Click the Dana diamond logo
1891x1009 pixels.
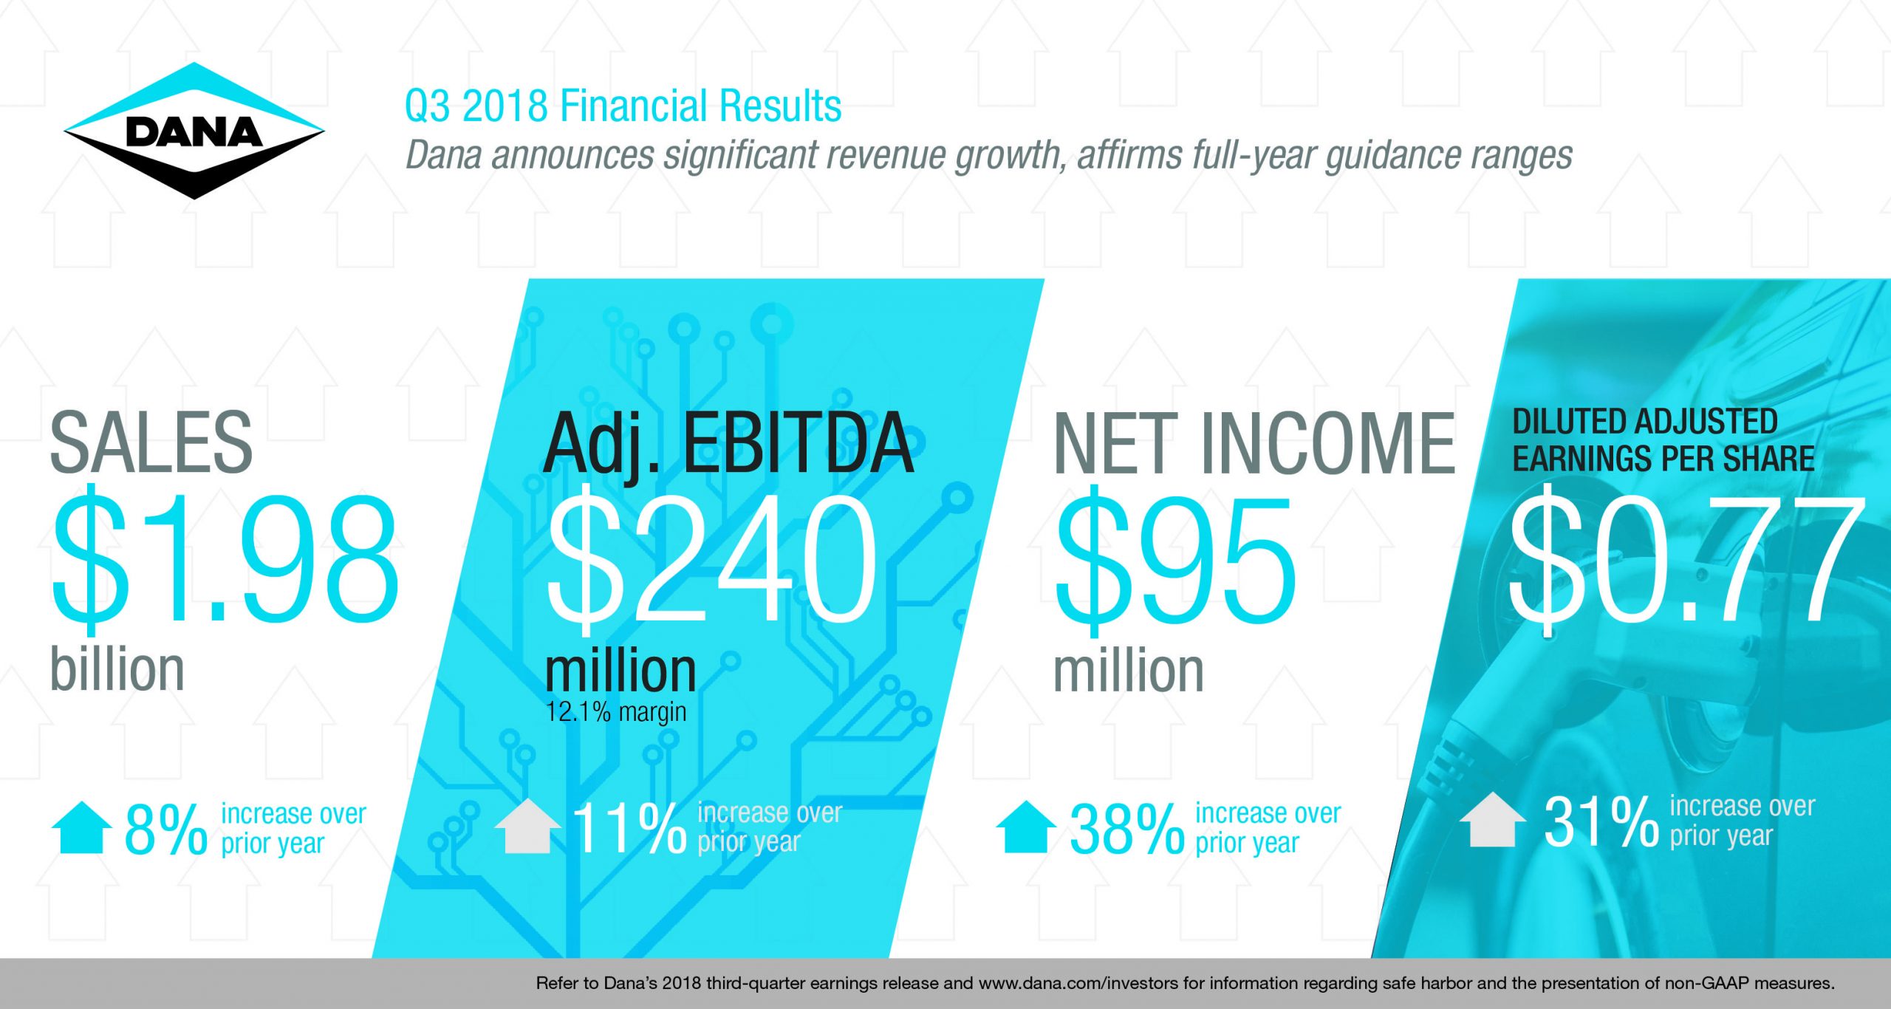pos(194,131)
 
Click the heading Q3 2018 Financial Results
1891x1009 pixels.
pos(623,106)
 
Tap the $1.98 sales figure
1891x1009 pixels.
pos(225,559)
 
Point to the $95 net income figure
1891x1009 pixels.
pos(1175,559)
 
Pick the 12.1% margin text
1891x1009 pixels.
pos(615,712)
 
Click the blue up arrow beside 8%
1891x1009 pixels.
pos(82,827)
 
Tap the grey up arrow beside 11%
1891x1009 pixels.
pos(527,826)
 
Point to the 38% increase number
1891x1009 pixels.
pos(1127,830)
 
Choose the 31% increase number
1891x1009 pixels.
pos(1601,822)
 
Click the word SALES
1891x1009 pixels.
pos(151,442)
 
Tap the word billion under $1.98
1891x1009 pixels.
pos(117,669)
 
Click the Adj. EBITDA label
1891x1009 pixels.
pos(729,444)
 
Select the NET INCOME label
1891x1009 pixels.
pos(1254,442)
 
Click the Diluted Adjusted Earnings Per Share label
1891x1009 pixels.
pos(1663,440)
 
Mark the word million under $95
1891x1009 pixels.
pos(1129,670)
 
